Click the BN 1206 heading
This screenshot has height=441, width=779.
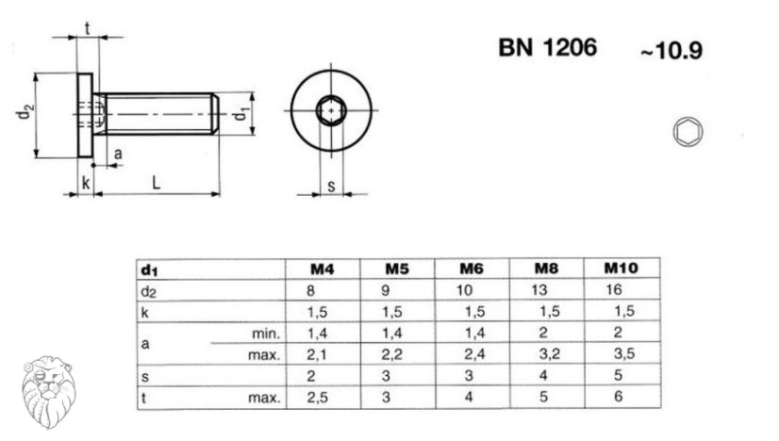[548, 48]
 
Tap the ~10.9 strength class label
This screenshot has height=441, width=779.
[671, 51]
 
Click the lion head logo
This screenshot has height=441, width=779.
[49, 391]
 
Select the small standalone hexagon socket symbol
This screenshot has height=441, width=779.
[688, 132]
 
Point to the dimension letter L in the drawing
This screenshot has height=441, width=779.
[156, 183]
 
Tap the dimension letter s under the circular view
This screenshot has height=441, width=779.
[331, 186]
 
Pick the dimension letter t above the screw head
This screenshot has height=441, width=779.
[88, 29]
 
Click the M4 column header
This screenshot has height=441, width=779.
[323, 269]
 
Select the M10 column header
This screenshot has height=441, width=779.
[621, 269]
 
